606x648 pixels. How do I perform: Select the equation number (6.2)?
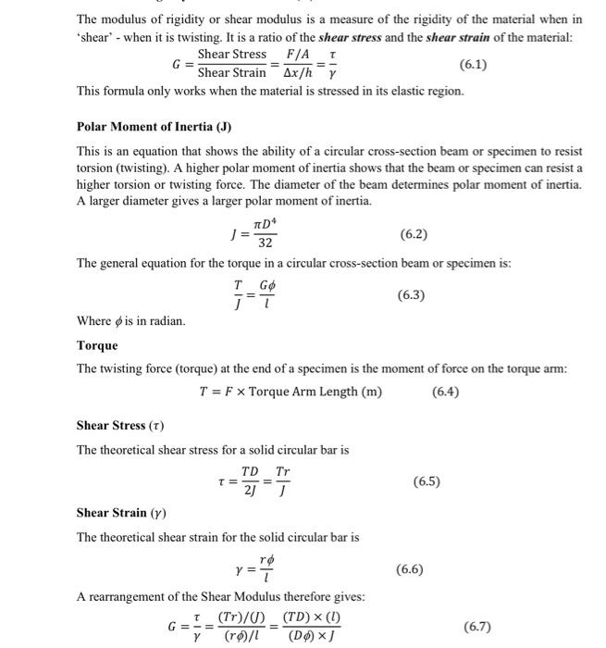click(x=414, y=235)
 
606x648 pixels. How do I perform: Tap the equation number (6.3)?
click(x=411, y=295)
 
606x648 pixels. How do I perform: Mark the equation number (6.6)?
click(x=410, y=568)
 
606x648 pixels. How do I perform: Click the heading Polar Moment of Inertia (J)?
click(x=154, y=126)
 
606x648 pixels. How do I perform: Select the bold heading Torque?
click(x=97, y=345)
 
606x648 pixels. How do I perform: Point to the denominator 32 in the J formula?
click(x=265, y=243)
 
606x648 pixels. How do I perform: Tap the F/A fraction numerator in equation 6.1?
click(x=300, y=56)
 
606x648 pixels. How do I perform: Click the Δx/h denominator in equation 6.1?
click(x=302, y=73)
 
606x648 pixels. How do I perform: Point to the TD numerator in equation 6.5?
click(x=250, y=472)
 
